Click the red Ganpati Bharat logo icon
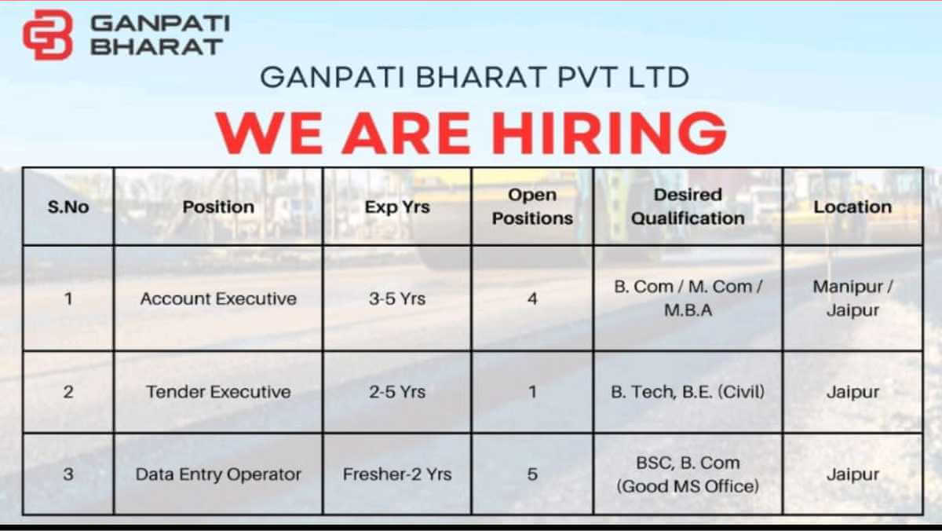pyautogui.click(x=48, y=35)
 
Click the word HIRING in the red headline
pyautogui.click(x=609, y=134)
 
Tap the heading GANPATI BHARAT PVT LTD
pyautogui.click(x=475, y=78)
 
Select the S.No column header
pyautogui.click(x=68, y=207)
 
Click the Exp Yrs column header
pyautogui.click(x=397, y=207)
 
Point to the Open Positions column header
pyautogui.click(x=532, y=207)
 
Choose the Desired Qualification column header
pyautogui.click(x=688, y=207)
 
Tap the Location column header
pyautogui.click(x=853, y=207)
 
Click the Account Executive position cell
pyautogui.click(x=218, y=298)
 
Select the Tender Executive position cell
pyautogui.click(x=218, y=392)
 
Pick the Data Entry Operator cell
pyautogui.click(x=218, y=474)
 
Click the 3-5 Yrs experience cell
pyautogui.click(x=397, y=298)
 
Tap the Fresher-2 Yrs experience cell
pyautogui.click(x=397, y=474)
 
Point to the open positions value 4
pyautogui.click(x=532, y=298)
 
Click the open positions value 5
pyautogui.click(x=532, y=474)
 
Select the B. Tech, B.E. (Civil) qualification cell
pyautogui.click(x=688, y=392)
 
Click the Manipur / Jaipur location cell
pyautogui.click(x=853, y=298)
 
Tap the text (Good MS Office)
pyautogui.click(x=688, y=486)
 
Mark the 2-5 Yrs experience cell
pyautogui.click(x=397, y=392)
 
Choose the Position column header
pyautogui.click(x=218, y=207)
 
